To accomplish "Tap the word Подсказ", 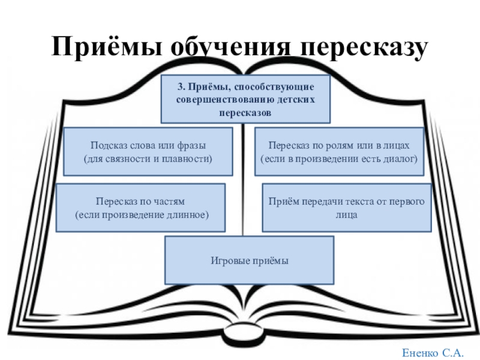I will coord(107,146).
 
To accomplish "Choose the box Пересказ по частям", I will coord(140,208).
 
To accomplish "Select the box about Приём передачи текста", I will coord(347,208).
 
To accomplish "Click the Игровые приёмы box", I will coord(249,260).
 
